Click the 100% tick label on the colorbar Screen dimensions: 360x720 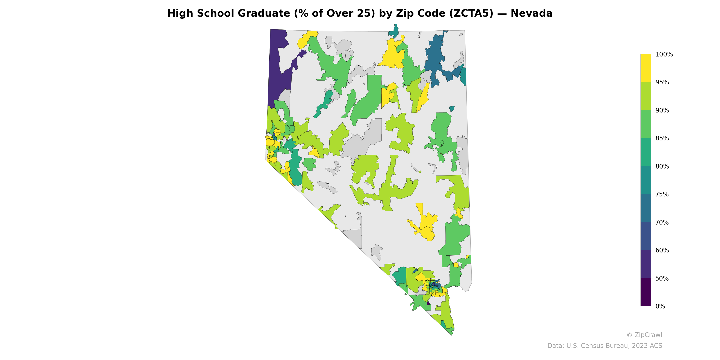pos(664,54)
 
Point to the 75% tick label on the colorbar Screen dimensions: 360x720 pos(662,194)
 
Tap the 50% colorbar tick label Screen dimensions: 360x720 pos(662,278)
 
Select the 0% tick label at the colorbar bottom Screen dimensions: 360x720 pos(660,306)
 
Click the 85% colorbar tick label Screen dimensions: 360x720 pos(662,138)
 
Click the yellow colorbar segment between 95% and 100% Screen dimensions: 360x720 pos(646,68)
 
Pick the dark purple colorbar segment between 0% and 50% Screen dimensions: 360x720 pos(646,292)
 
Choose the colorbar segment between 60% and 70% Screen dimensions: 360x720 pos(646,236)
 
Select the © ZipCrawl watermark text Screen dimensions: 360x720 pos(644,335)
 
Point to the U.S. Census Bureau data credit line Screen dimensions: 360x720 pos(604,346)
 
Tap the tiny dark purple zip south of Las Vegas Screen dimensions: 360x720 pos(428,304)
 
